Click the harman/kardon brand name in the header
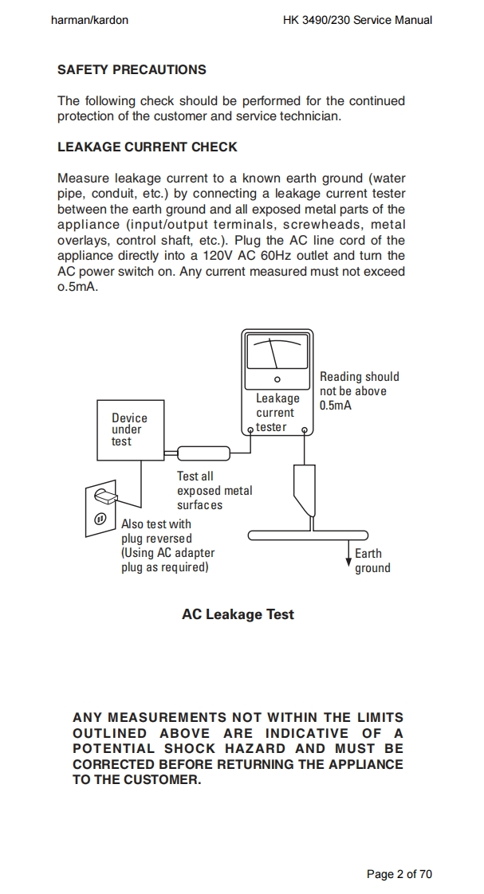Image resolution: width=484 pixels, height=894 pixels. [x=89, y=20]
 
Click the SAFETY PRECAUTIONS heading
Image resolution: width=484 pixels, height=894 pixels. [x=132, y=70]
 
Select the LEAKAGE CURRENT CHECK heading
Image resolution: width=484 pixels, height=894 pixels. [x=147, y=147]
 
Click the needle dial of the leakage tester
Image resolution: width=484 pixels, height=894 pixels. [x=276, y=352]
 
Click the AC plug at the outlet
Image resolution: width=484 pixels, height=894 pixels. [x=106, y=497]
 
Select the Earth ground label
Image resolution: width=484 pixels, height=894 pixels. [x=372, y=561]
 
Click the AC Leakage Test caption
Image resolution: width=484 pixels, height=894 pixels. [x=238, y=614]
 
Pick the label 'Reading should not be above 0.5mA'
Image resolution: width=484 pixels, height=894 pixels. [x=359, y=390]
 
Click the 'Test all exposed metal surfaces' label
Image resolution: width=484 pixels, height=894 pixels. [x=214, y=491]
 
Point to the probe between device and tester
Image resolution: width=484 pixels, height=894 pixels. [x=203, y=453]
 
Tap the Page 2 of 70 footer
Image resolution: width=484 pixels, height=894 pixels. [x=399, y=874]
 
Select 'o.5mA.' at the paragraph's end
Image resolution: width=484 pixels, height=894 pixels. [x=77, y=287]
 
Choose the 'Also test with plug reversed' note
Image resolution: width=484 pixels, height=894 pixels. [x=156, y=531]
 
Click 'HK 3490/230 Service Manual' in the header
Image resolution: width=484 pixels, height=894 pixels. [x=357, y=20]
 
